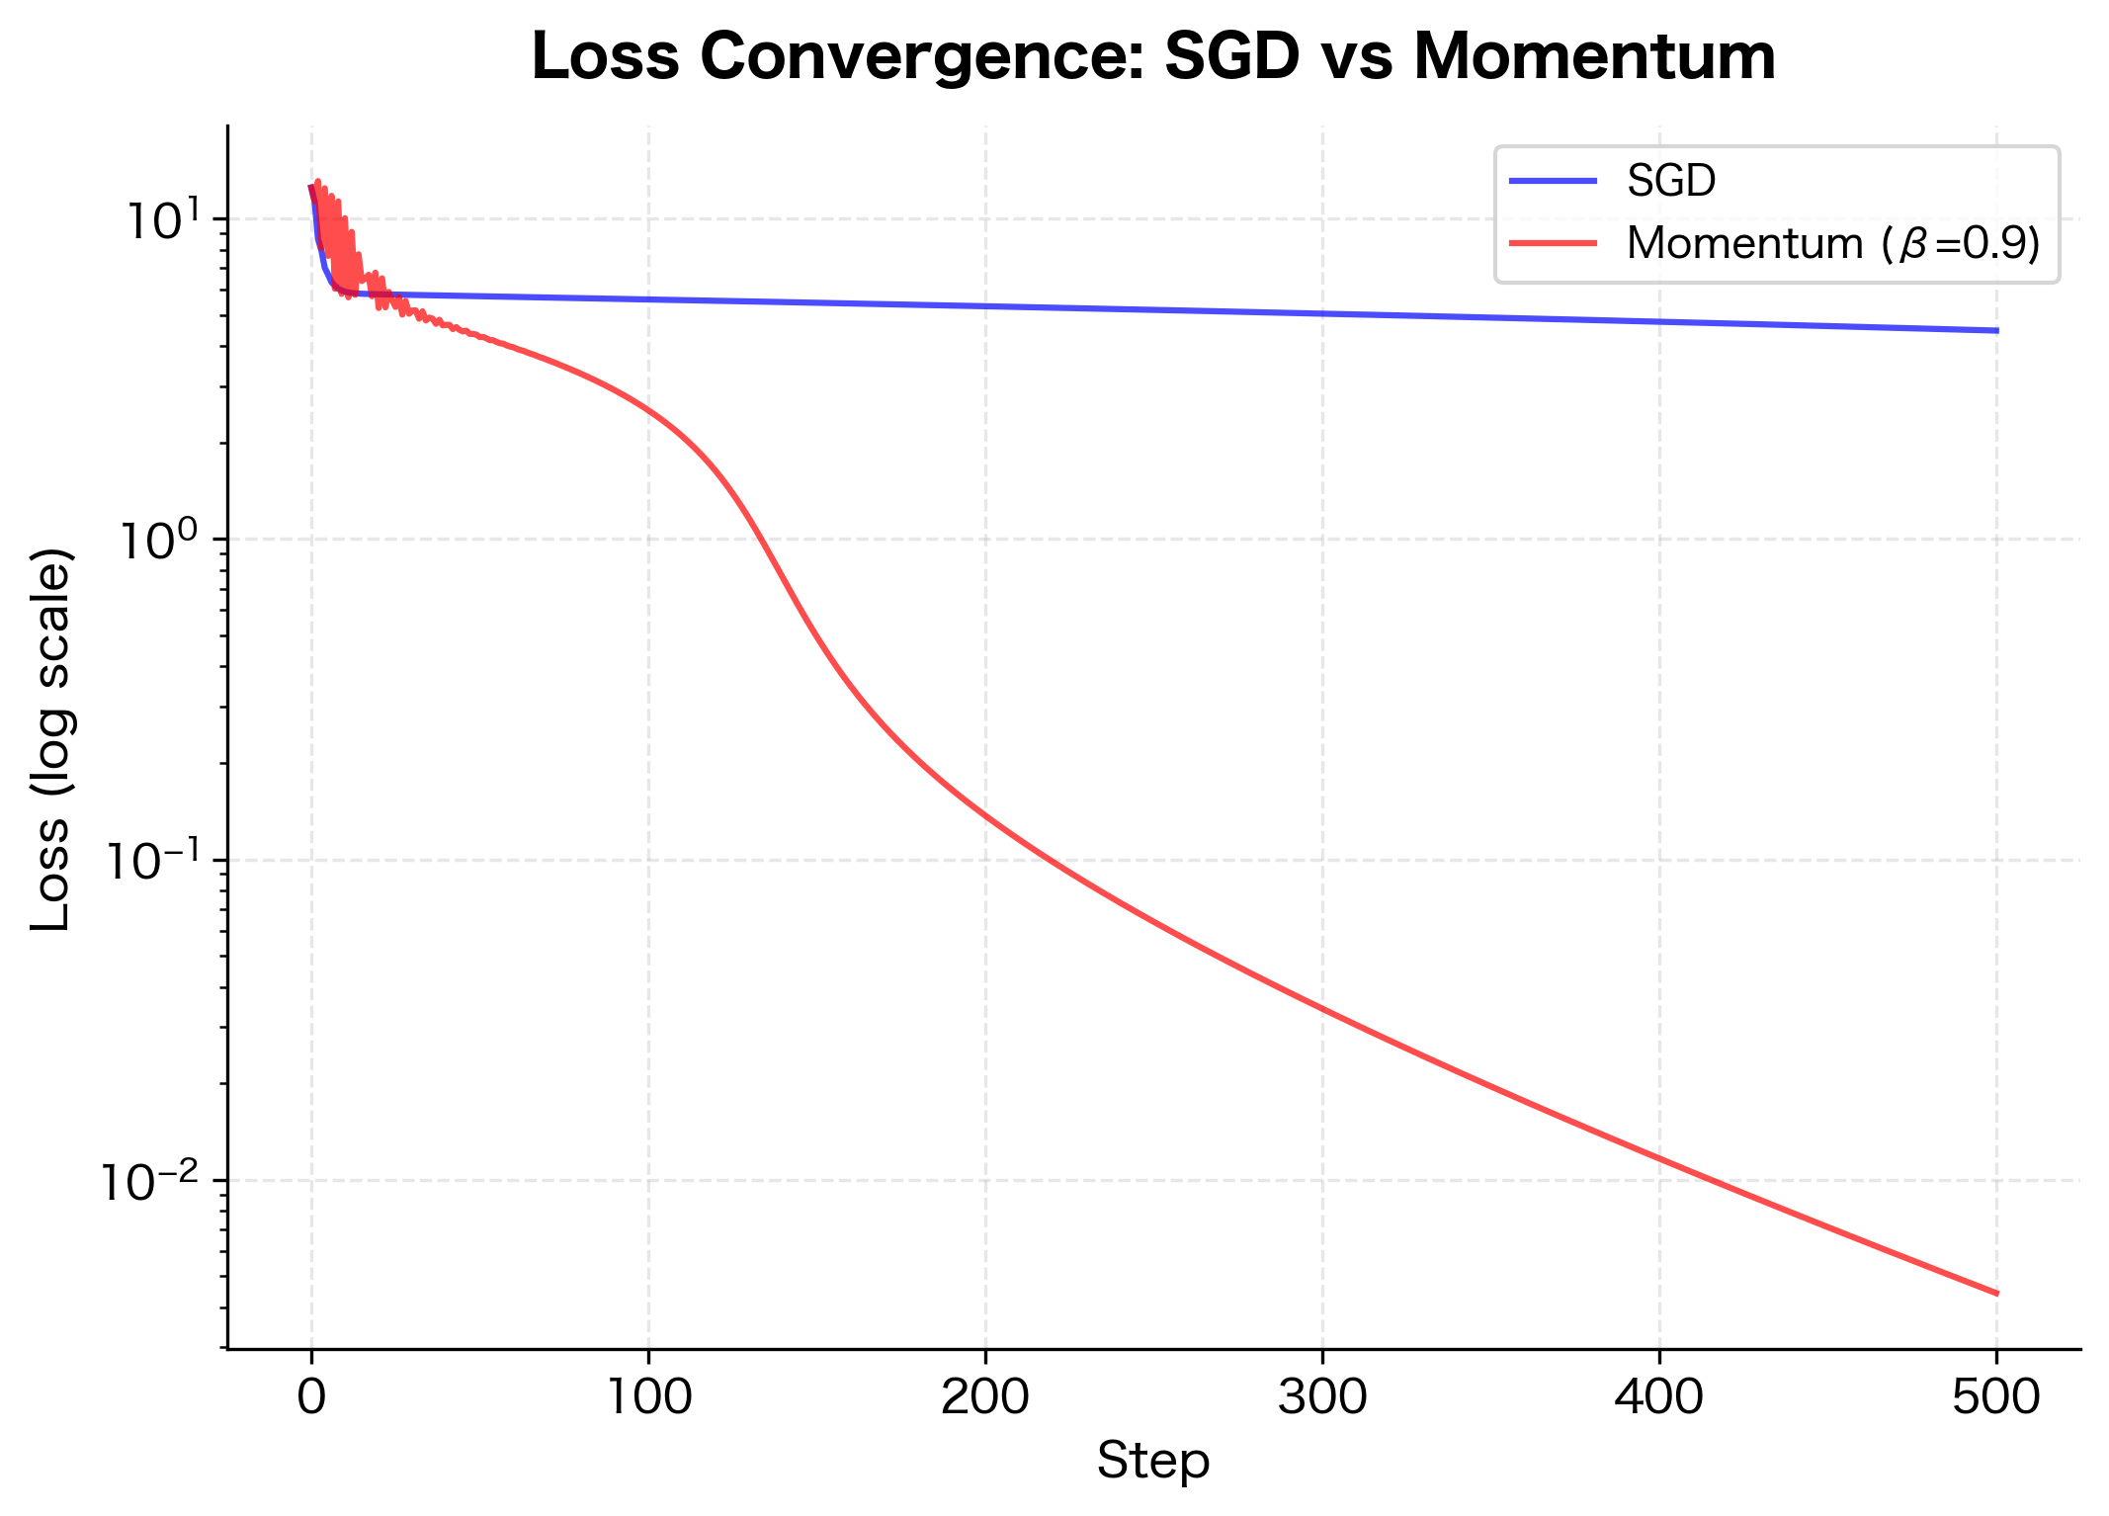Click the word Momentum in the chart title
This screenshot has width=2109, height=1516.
coord(1594,57)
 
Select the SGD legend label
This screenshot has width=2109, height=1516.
coord(1671,181)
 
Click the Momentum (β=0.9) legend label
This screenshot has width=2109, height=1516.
coord(1833,243)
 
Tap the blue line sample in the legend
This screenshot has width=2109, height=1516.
coord(1553,181)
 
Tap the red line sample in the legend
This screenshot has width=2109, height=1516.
coord(1553,243)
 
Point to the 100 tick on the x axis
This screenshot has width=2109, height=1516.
coord(648,1397)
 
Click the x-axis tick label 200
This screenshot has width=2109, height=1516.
coord(985,1397)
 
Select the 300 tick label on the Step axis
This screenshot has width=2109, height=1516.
coord(1322,1397)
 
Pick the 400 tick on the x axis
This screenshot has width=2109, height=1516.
coord(1659,1397)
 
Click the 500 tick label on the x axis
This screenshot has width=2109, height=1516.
coord(1996,1397)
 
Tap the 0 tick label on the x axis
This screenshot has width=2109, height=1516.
coord(311,1397)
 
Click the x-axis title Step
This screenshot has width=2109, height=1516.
coord(1153,1461)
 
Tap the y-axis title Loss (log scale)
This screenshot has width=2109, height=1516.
coord(51,739)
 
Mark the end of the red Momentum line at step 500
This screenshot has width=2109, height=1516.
coord(1996,1293)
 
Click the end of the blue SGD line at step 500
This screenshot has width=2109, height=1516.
coord(1996,330)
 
